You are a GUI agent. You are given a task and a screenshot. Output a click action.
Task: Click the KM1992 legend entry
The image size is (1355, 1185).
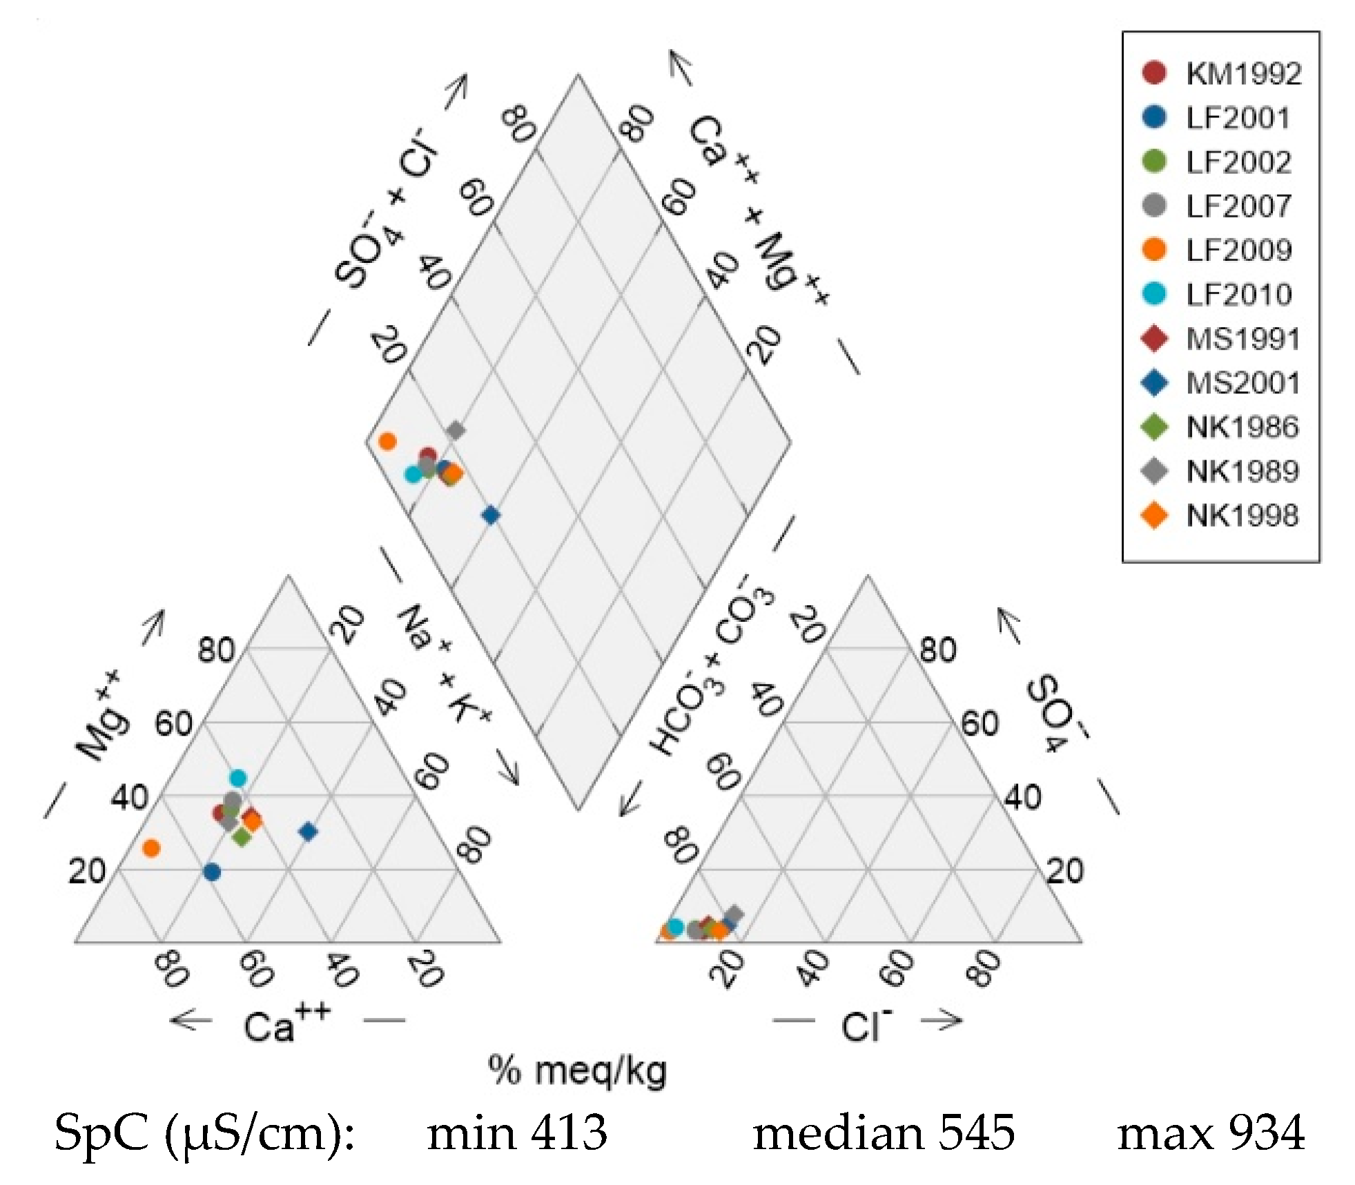click(1222, 73)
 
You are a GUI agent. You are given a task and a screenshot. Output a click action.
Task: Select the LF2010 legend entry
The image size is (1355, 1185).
click(1222, 294)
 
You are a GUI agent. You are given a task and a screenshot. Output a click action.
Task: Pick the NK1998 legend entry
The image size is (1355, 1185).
click(1222, 515)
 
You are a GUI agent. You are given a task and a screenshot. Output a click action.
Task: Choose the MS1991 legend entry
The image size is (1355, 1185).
click(1222, 338)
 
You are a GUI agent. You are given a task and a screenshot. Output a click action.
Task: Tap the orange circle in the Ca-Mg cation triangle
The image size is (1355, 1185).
click(151, 848)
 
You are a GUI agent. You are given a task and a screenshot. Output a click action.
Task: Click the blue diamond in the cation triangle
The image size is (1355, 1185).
click(309, 832)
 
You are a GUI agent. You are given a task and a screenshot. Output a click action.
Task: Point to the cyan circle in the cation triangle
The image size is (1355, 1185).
click(237, 778)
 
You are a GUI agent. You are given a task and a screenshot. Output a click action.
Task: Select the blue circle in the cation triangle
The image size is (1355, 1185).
click(212, 872)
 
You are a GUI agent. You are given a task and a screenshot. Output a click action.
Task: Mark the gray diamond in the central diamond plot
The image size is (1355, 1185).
click(455, 431)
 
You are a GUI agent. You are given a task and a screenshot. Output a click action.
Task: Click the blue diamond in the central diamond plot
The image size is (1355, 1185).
click(491, 515)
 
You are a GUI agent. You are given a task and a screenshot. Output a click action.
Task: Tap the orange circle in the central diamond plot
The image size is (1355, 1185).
click(387, 441)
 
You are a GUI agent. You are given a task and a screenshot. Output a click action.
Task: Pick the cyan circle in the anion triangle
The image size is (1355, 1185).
click(676, 927)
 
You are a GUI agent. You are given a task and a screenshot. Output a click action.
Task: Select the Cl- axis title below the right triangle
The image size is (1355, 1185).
click(866, 1024)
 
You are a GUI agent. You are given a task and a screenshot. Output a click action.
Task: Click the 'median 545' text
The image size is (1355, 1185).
click(884, 1134)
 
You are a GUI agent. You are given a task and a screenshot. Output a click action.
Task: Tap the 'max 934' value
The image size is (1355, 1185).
click(1211, 1134)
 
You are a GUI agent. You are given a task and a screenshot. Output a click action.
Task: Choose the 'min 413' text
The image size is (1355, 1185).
click(517, 1134)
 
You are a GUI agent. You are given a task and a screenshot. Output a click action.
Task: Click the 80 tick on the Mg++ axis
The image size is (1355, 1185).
click(216, 650)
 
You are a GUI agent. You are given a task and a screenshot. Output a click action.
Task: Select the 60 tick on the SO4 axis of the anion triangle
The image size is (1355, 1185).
click(980, 724)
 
